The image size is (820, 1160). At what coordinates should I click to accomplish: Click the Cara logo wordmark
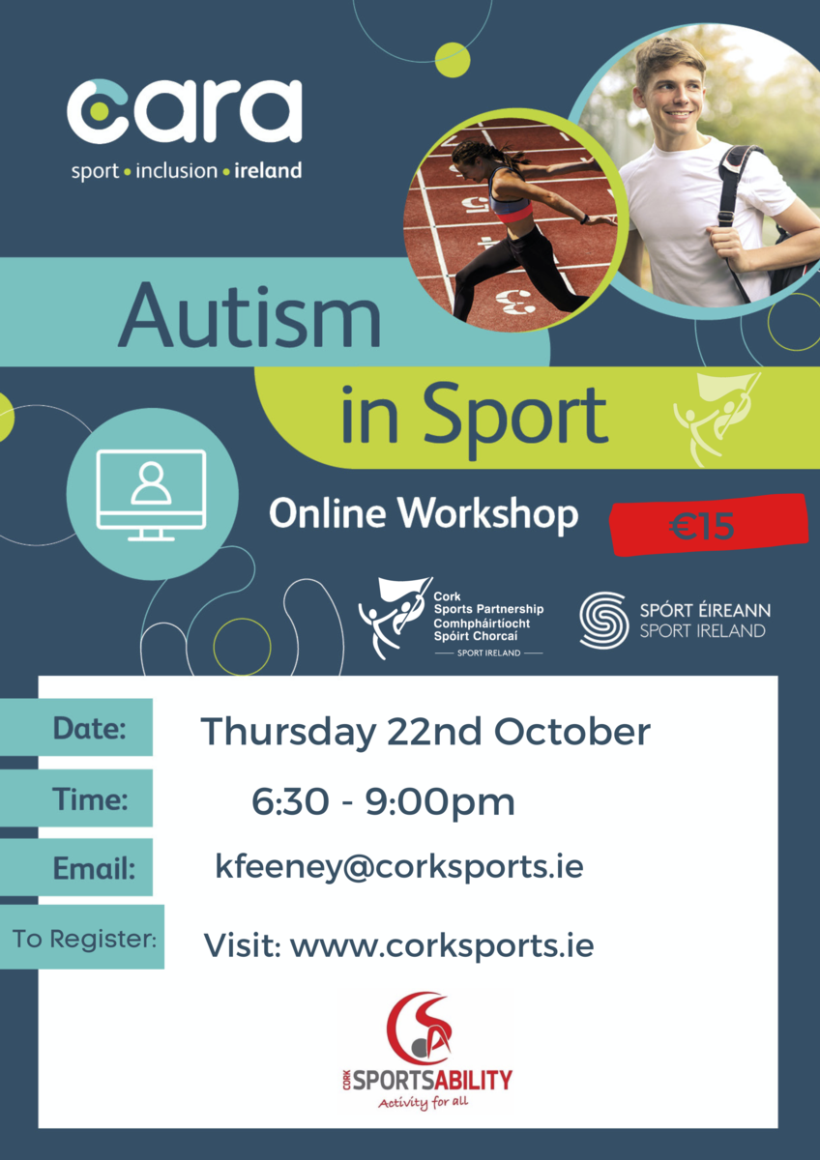[185, 111]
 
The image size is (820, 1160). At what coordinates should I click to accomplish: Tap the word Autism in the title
[249, 316]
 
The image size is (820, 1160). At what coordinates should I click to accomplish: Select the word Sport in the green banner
[514, 418]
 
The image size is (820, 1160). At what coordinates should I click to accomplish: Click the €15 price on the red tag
[701, 526]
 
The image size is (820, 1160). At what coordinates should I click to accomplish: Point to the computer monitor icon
[151, 495]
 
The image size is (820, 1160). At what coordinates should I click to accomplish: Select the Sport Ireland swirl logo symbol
[604, 621]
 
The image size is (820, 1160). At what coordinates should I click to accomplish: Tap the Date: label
[90, 729]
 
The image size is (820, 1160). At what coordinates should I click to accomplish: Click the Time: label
[90, 798]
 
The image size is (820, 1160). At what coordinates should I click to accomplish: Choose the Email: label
[94, 867]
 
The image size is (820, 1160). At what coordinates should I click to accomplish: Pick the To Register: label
[84, 938]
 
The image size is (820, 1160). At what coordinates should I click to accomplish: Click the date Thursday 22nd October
[425, 732]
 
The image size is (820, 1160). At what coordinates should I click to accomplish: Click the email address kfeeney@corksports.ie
[399, 867]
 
